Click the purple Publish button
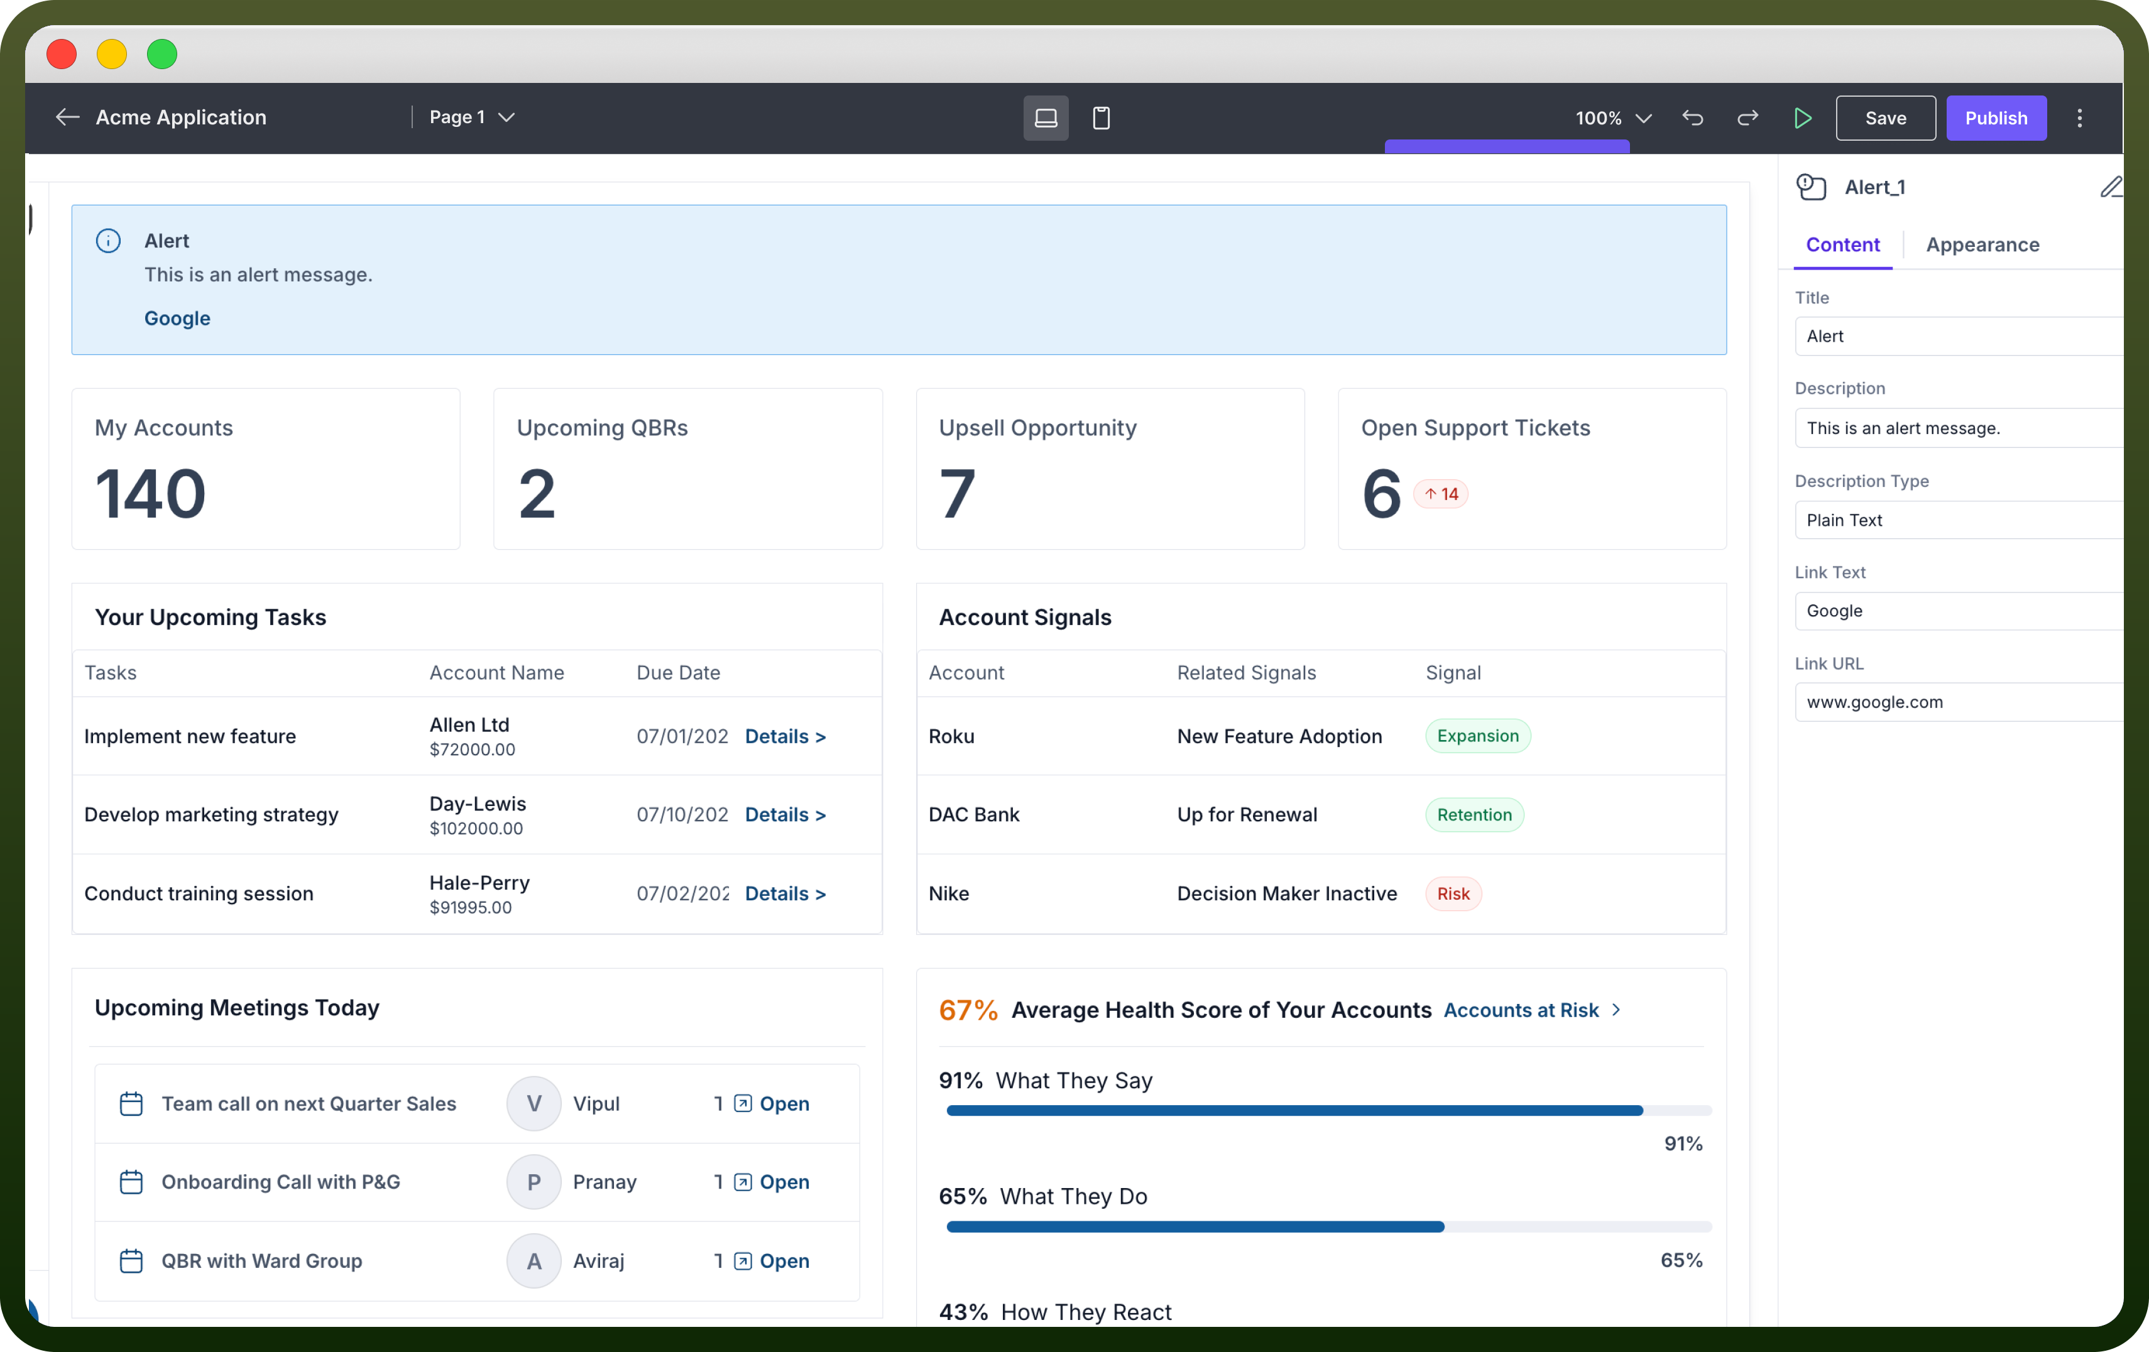click(1996, 118)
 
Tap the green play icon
click(1802, 118)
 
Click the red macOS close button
click(62, 55)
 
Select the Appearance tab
click(1982, 244)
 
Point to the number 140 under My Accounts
click(150, 494)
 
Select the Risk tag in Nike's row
click(1453, 893)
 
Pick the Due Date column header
click(678, 673)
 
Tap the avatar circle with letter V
click(533, 1104)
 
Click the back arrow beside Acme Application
click(68, 117)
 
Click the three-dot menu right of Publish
click(2079, 118)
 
